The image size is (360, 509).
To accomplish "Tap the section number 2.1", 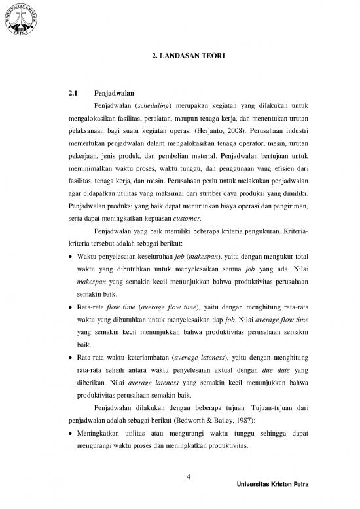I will point(73,94).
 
